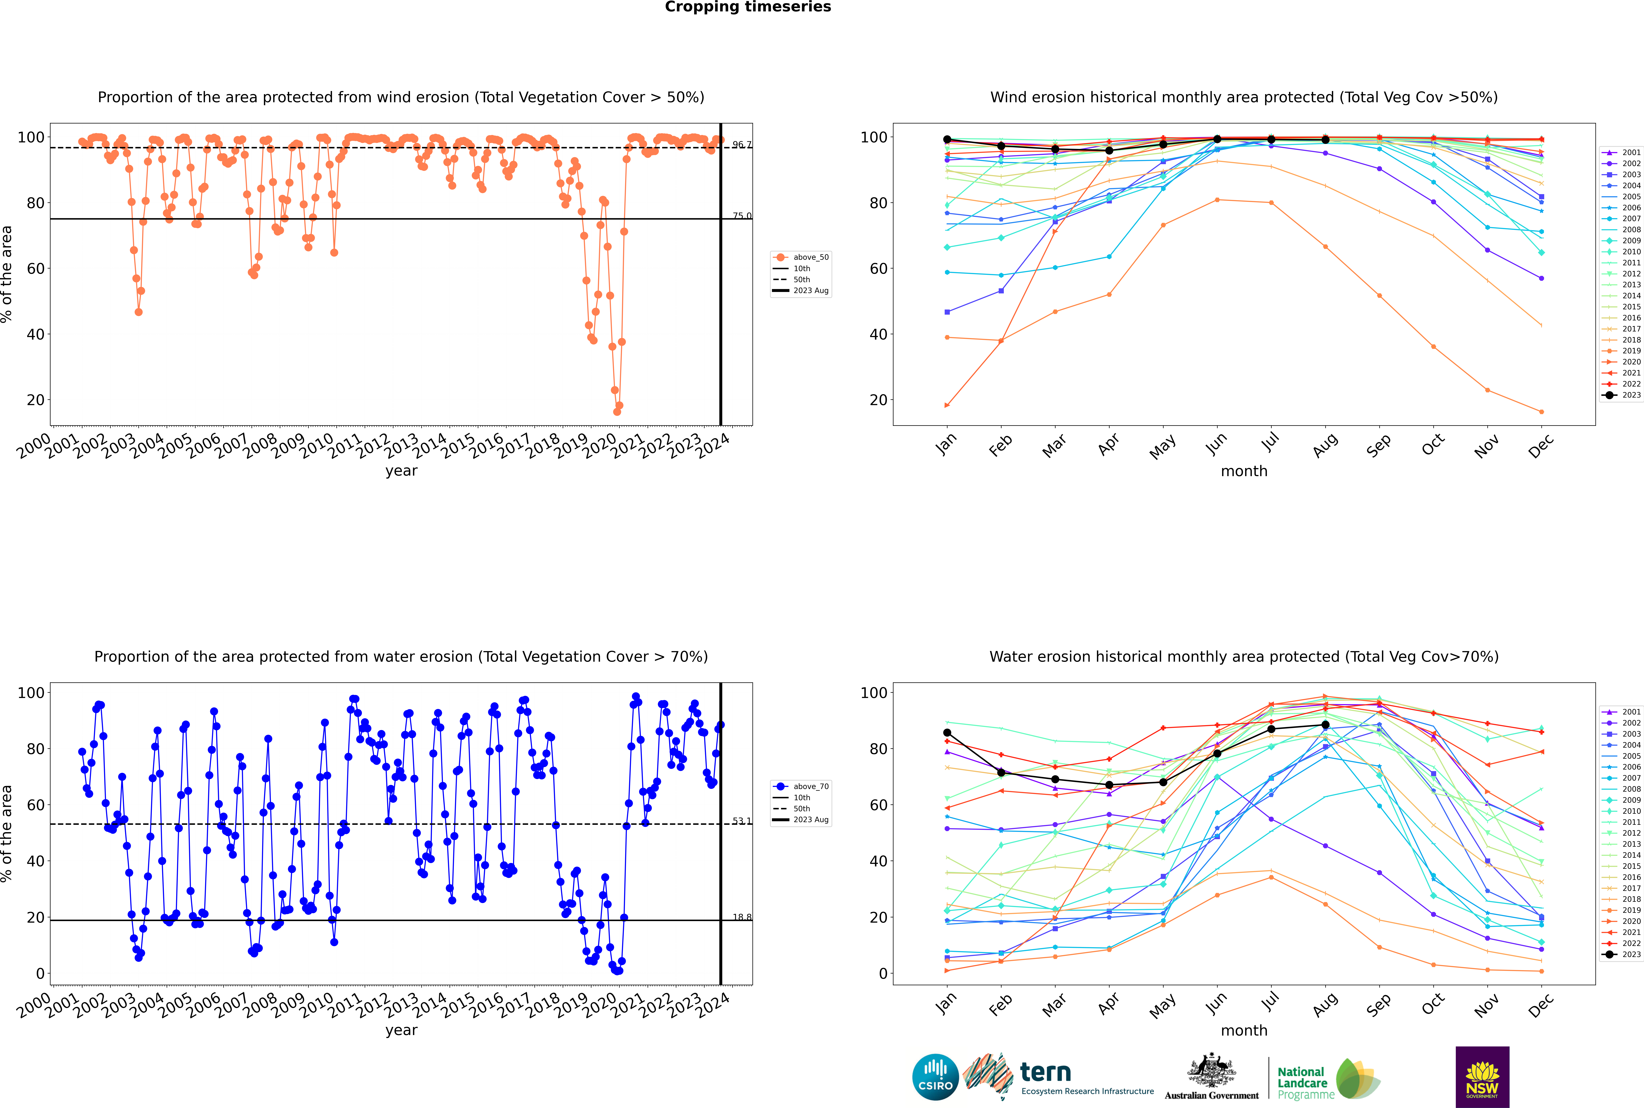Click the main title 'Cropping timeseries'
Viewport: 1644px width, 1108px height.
click(748, 7)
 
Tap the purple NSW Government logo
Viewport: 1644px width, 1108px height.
click(1482, 1077)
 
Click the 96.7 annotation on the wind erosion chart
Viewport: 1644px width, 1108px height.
click(741, 145)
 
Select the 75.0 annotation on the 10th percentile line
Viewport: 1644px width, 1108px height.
click(741, 216)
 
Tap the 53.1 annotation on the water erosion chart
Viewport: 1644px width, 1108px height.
click(741, 821)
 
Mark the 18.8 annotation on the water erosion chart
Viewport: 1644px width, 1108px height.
click(741, 917)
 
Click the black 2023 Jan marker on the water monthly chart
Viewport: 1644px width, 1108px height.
click(947, 733)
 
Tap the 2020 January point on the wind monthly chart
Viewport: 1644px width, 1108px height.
click(947, 406)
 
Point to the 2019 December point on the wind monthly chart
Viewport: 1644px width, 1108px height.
click(1542, 412)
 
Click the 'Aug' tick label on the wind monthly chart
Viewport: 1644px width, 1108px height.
click(1325, 445)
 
